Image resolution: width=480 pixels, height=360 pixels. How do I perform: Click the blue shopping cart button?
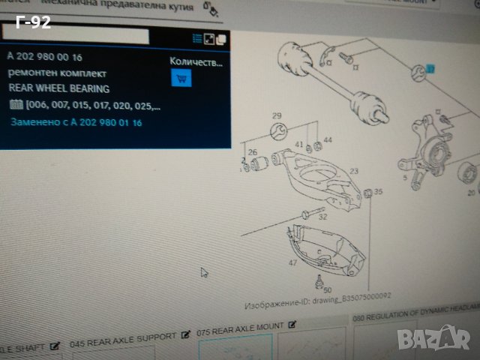181,77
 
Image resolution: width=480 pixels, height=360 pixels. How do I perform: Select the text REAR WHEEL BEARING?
58,88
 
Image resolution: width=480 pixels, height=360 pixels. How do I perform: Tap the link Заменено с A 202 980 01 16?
76,121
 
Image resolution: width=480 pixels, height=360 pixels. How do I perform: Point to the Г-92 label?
32,23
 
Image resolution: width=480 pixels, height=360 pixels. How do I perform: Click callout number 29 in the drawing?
277,115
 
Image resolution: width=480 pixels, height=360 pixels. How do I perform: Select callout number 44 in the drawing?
327,139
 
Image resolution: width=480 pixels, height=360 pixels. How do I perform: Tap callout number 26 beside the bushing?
253,153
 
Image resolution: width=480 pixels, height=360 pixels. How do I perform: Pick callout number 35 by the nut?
378,192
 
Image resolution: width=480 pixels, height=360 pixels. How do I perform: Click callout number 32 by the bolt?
322,217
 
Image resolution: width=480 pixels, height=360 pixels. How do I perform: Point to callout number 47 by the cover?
292,262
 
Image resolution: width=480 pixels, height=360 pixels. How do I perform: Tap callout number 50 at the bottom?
328,289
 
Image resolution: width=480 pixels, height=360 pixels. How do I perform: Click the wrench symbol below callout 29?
278,133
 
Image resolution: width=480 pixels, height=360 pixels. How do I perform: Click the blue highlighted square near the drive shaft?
430,69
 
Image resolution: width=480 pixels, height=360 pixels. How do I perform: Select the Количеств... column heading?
196,63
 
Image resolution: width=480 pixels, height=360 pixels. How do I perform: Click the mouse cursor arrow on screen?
204,272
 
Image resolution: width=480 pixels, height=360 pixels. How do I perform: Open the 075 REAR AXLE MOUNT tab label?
241,327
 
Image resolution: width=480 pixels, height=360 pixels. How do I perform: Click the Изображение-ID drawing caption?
318,306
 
